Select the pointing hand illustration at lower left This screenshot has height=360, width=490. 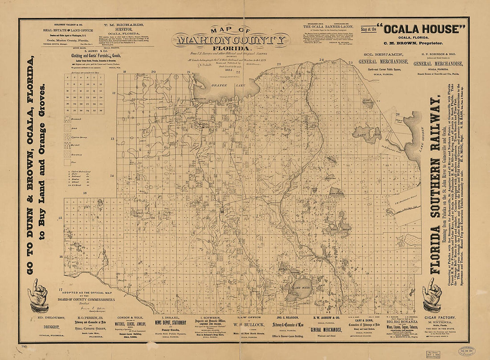pos(39,295)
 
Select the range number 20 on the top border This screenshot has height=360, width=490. pos(153,71)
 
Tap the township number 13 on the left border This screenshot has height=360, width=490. pos(113,139)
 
